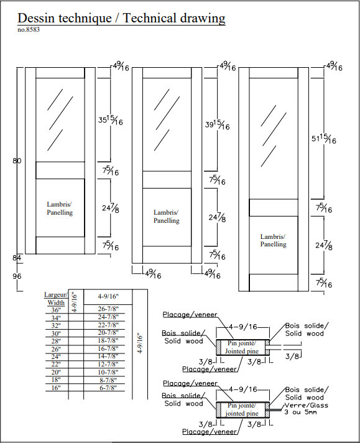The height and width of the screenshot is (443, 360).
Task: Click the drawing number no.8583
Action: click(29, 30)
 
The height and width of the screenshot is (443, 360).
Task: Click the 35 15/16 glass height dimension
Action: click(111, 120)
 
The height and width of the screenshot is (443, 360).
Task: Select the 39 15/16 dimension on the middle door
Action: click(217, 124)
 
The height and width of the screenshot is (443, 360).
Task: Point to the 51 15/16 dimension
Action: click(324, 139)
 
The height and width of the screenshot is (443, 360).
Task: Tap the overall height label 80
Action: click(17, 161)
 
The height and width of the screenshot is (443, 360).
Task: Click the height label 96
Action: click(17, 276)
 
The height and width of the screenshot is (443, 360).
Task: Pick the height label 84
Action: click(17, 258)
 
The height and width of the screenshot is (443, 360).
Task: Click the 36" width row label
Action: click(56, 310)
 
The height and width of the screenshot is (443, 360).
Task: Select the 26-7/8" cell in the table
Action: click(108, 309)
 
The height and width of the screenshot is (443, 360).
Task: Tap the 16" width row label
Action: click(56, 388)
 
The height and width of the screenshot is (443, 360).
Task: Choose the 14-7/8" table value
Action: click(108, 357)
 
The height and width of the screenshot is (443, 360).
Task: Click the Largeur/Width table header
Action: click(56, 299)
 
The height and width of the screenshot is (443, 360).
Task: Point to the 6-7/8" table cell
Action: click(108, 388)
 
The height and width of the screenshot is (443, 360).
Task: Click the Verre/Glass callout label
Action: click(307, 405)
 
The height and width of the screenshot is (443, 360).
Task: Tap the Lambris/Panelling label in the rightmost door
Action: click(273, 240)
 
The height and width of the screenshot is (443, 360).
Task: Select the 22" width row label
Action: click(56, 365)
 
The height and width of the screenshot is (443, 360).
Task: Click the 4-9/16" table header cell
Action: click(108, 296)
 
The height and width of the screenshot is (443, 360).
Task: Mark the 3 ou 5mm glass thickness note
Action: click(301, 413)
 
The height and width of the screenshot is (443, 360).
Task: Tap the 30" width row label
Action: click(56, 333)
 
